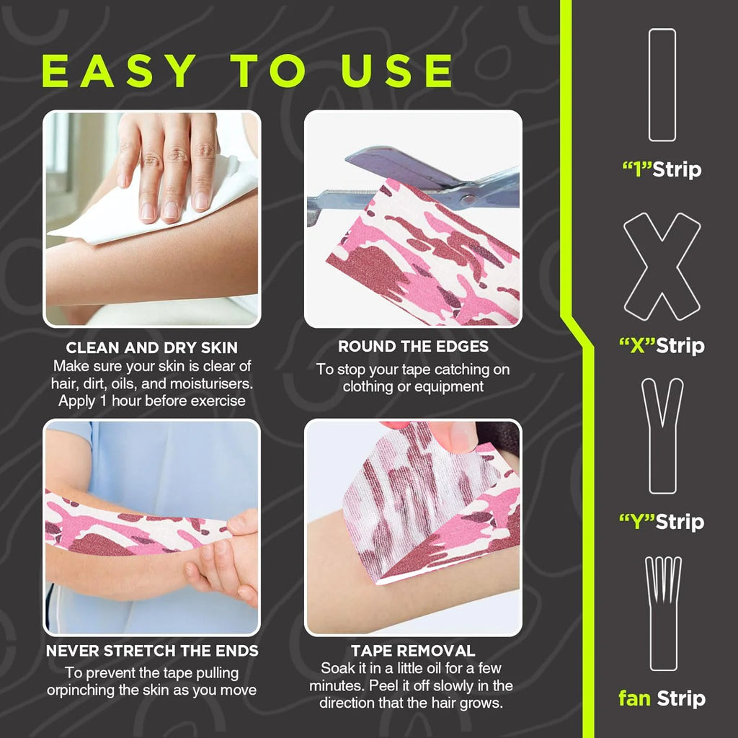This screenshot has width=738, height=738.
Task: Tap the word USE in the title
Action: click(x=397, y=71)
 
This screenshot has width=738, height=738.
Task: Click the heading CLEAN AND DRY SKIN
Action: click(x=151, y=348)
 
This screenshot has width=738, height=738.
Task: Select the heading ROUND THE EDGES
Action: click(x=413, y=347)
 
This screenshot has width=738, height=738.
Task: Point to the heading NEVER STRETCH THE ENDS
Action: click(x=152, y=651)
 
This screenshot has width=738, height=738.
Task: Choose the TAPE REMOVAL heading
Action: click(x=413, y=651)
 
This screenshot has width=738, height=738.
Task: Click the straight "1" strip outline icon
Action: click(x=662, y=85)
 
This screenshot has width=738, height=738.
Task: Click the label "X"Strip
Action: click(x=662, y=346)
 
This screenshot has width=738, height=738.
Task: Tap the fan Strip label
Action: click(x=662, y=698)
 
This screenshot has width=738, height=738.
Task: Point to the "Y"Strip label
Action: click(x=662, y=522)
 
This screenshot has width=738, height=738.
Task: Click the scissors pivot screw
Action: click(x=467, y=199)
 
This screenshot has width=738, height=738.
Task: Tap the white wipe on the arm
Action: click(x=156, y=207)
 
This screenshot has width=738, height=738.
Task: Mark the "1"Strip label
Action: click(x=662, y=170)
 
